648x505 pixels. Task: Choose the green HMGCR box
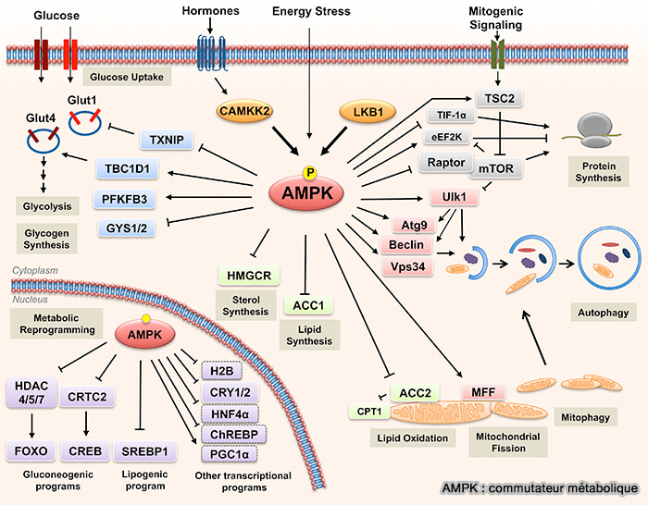(243, 276)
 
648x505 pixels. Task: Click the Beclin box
(405, 244)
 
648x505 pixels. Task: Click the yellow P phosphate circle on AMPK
(310, 171)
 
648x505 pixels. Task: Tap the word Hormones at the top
(209, 11)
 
